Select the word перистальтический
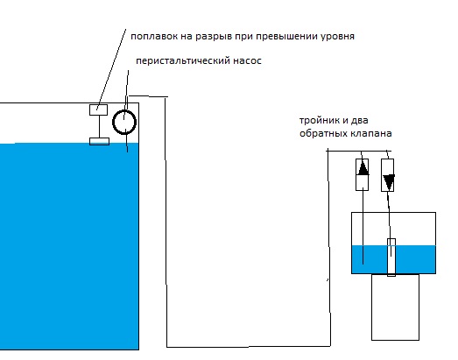(183, 61)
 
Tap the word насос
(247, 61)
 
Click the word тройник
(319, 120)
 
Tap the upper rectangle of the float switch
(98, 109)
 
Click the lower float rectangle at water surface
(99, 141)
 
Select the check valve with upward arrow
(362, 174)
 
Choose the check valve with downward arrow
(388, 175)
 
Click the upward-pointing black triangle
(363, 168)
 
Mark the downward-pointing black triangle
(389, 182)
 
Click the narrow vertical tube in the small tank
(391, 258)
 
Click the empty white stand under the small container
(395, 307)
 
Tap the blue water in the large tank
(69, 246)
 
